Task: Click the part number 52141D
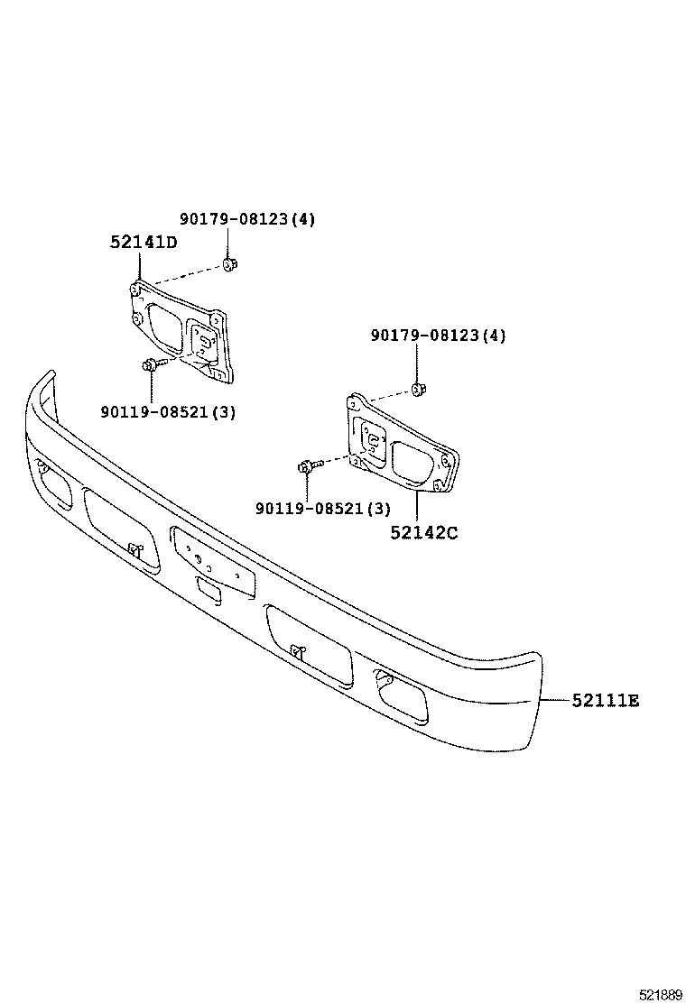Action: click(144, 242)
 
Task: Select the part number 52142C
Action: click(424, 532)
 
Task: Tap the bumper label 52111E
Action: click(604, 700)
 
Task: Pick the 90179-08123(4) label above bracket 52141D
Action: click(246, 219)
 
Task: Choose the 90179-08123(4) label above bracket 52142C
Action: click(438, 336)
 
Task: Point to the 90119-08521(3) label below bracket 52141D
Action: click(169, 411)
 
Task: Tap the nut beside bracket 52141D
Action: click(229, 264)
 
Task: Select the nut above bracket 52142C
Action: click(418, 389)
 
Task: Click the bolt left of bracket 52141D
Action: click(149, 365)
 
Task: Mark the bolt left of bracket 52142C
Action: click(307, 466)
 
